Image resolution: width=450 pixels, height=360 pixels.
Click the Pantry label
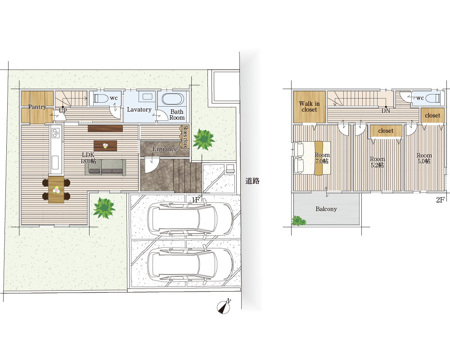click(x=37, y=107)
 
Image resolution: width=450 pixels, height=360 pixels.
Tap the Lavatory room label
click(x=139, y=109)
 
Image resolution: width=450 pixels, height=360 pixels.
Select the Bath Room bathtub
click(x=172, y=99)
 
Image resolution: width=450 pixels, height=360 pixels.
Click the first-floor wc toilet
click(x=99, y=99)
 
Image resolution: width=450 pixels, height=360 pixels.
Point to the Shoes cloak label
click(x=185, y=137)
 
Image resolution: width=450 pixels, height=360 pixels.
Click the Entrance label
click(x=165, y=149)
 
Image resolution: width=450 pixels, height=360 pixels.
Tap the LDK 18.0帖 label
click(x=88, y=158)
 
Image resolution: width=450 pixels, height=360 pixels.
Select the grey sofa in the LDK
click(x=105, y=167)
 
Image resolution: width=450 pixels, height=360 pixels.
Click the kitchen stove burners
click(x=55, y=133)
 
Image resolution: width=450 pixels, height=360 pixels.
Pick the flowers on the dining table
click(x=56, y=190)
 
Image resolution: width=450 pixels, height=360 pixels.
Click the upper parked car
click(x=190, y=219)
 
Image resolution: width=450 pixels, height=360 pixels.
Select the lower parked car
click(x=190, y=264)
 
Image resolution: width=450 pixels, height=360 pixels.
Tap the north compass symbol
click(x=224, y=306)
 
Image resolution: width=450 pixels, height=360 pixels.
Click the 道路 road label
click(x=252, y=181)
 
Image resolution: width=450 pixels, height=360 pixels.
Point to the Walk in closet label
click(x=309, y=107)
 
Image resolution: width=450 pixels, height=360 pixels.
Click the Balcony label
click(x=326, y=209)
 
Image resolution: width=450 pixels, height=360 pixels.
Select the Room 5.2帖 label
click(x=377, y=162)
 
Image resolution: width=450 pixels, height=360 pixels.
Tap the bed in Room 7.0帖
click(x=312, y=158)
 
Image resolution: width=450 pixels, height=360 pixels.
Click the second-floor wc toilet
click(x=432, y=99)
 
